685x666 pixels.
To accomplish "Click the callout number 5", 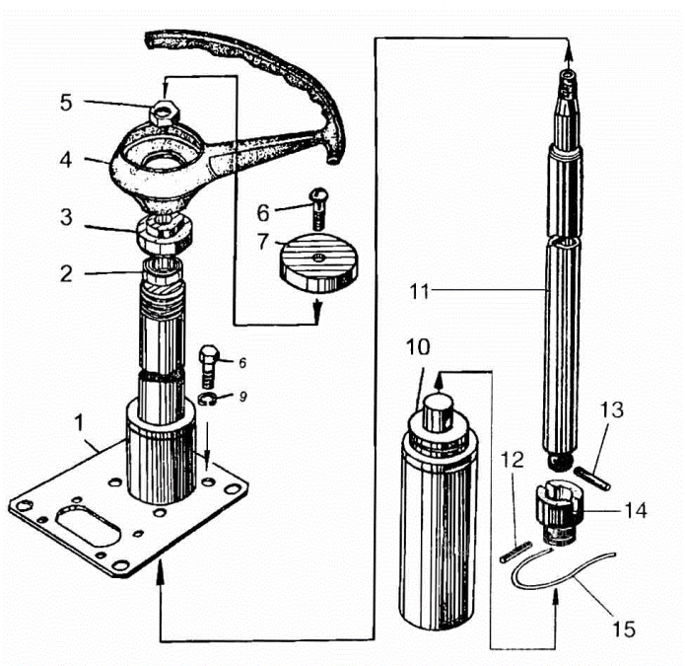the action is (x=66, y=103).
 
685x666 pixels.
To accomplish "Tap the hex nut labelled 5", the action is (x=164, y=112).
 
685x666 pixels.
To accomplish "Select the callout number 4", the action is (x=66, y=160).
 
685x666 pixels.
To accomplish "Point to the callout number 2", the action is (x=66, y=273).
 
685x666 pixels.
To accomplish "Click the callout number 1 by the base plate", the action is (x=79, y=423).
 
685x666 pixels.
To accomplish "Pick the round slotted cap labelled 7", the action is (x=318, y=263).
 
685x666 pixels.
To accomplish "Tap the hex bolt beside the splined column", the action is (x=209, y=366).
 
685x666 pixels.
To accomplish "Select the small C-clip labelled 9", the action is (x=207, y=399).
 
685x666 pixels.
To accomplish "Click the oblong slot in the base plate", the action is (x=88, y=525).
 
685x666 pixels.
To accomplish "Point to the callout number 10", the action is (x=418, y=347).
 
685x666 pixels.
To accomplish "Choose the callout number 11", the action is (x=419, y=292).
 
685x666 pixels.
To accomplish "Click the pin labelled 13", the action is (x=592, y=479).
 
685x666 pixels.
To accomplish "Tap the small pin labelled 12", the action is (x=515, y=552).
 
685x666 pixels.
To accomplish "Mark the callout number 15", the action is (x=624, y=629).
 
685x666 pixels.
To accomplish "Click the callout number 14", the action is (x=635, y=510).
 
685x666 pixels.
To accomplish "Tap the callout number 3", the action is (x=66, y=217).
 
